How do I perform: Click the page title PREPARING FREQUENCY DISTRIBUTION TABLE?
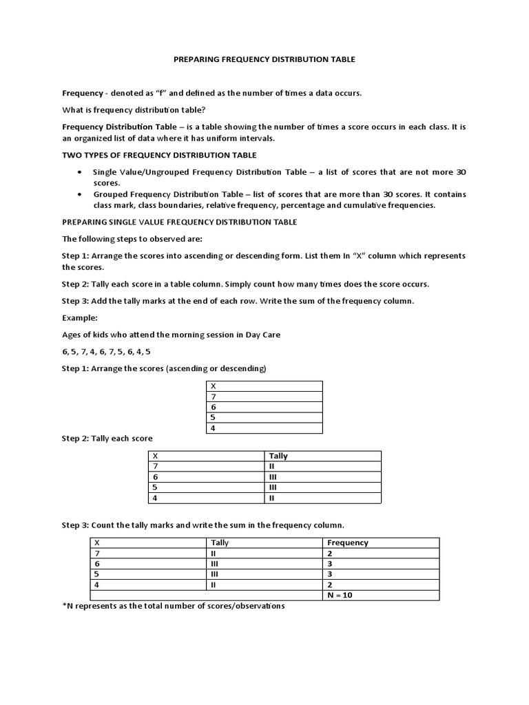tap(264, 60)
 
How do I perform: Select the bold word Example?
tap(79, 319)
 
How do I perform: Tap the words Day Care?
tap(264, 335)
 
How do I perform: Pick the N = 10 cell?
tap(340, 595)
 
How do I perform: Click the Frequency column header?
tap(348, 543)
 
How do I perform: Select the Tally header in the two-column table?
tap(278, 456)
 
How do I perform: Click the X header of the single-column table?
tap(213, 386)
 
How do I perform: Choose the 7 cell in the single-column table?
tap(213, 397)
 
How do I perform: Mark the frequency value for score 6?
tap(330, 563)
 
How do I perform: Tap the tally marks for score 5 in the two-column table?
tap(273, 487)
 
